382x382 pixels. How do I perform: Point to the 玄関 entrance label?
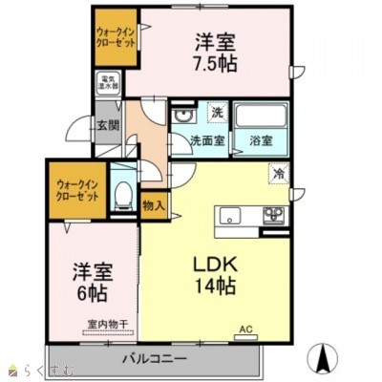coord(105,123)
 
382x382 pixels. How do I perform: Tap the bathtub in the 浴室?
coord(264,117)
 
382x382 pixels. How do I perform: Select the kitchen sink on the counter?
coord(231,216)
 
